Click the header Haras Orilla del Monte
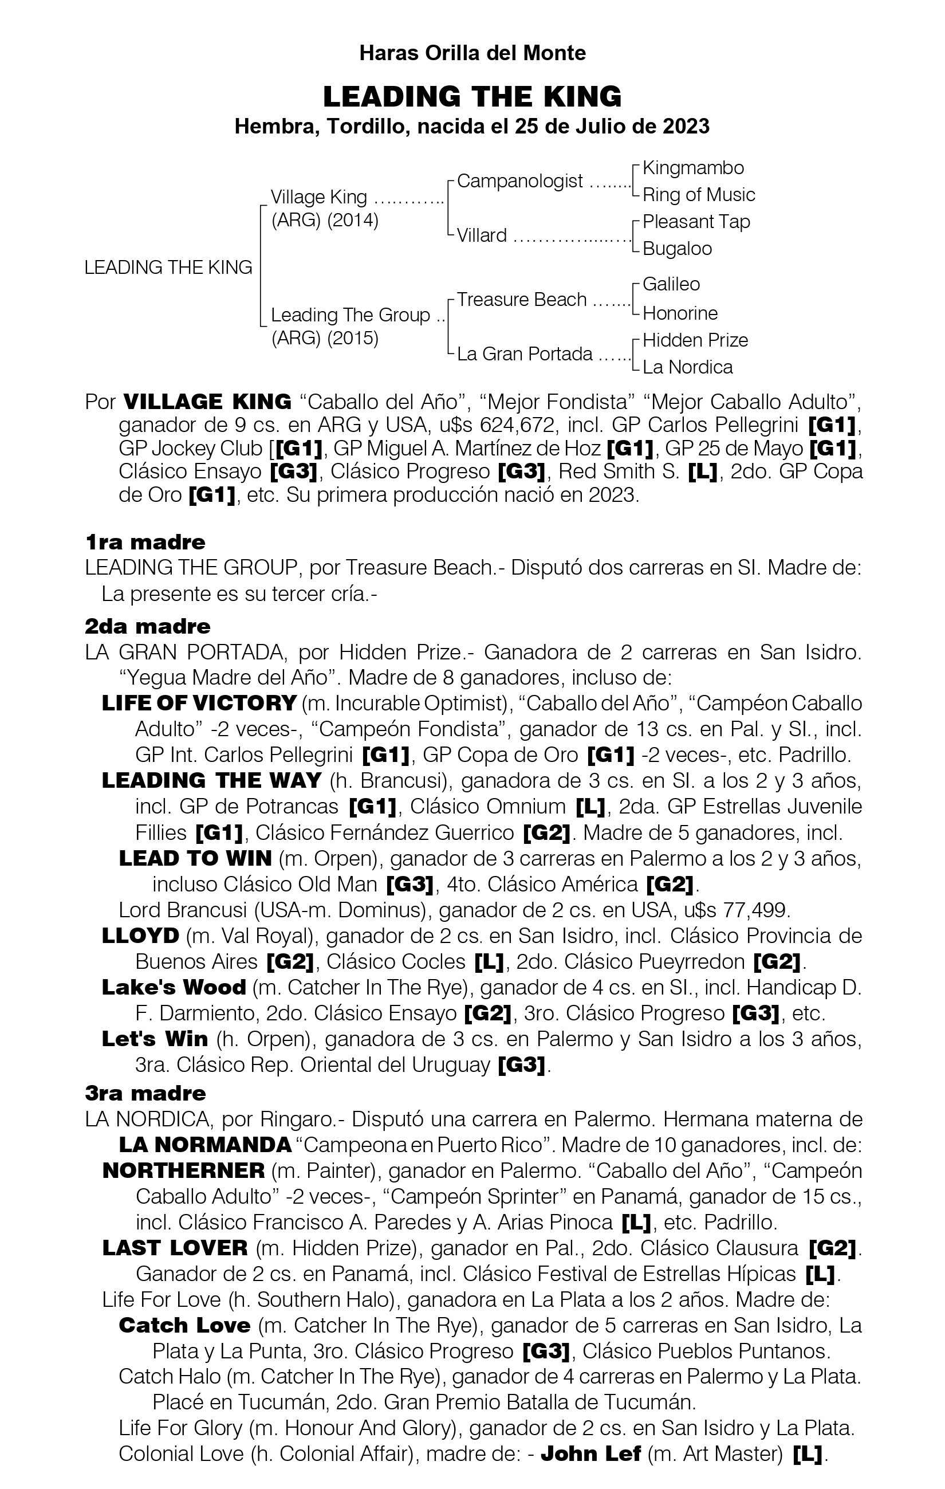(472, 53)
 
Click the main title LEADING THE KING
(472, 96)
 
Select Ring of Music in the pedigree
(698, 195)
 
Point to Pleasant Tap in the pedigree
(696, 221)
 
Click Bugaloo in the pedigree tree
(677, 249)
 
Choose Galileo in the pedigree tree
(671, 284)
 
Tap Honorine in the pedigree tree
(680, 313)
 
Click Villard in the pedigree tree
(482, 235)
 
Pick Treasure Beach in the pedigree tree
(522, 300)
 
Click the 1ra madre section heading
(145, 543)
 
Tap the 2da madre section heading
(147, 626)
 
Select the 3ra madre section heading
(145, 1093)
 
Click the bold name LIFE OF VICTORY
(199, 703)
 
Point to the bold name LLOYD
(140, 936)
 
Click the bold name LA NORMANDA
(204, 1145)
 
